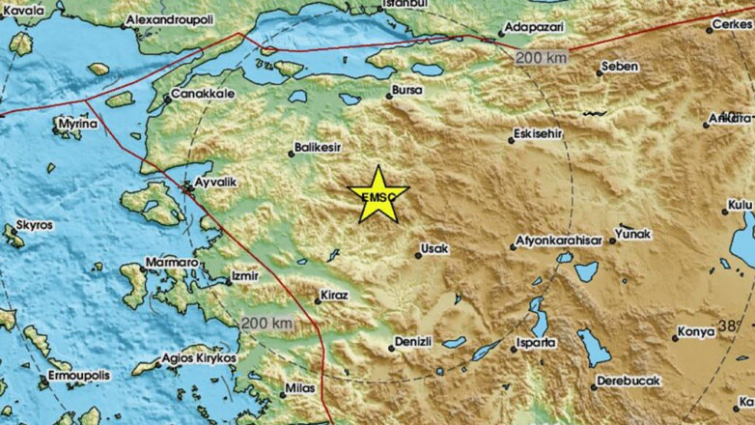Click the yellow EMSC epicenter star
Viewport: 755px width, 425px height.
click(383, 194)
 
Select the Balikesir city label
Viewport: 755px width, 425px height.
click(320, 151)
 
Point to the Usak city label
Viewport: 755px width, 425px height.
click(435, 251)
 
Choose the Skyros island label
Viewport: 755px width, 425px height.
click(34, 227)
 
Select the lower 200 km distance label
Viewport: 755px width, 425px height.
click(266, 322)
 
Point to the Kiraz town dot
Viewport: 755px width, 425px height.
click(319, 300)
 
